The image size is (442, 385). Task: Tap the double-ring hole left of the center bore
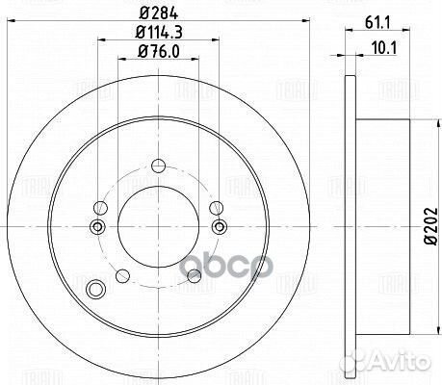point(96,227)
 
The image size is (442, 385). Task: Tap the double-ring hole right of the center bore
point(220,227)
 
